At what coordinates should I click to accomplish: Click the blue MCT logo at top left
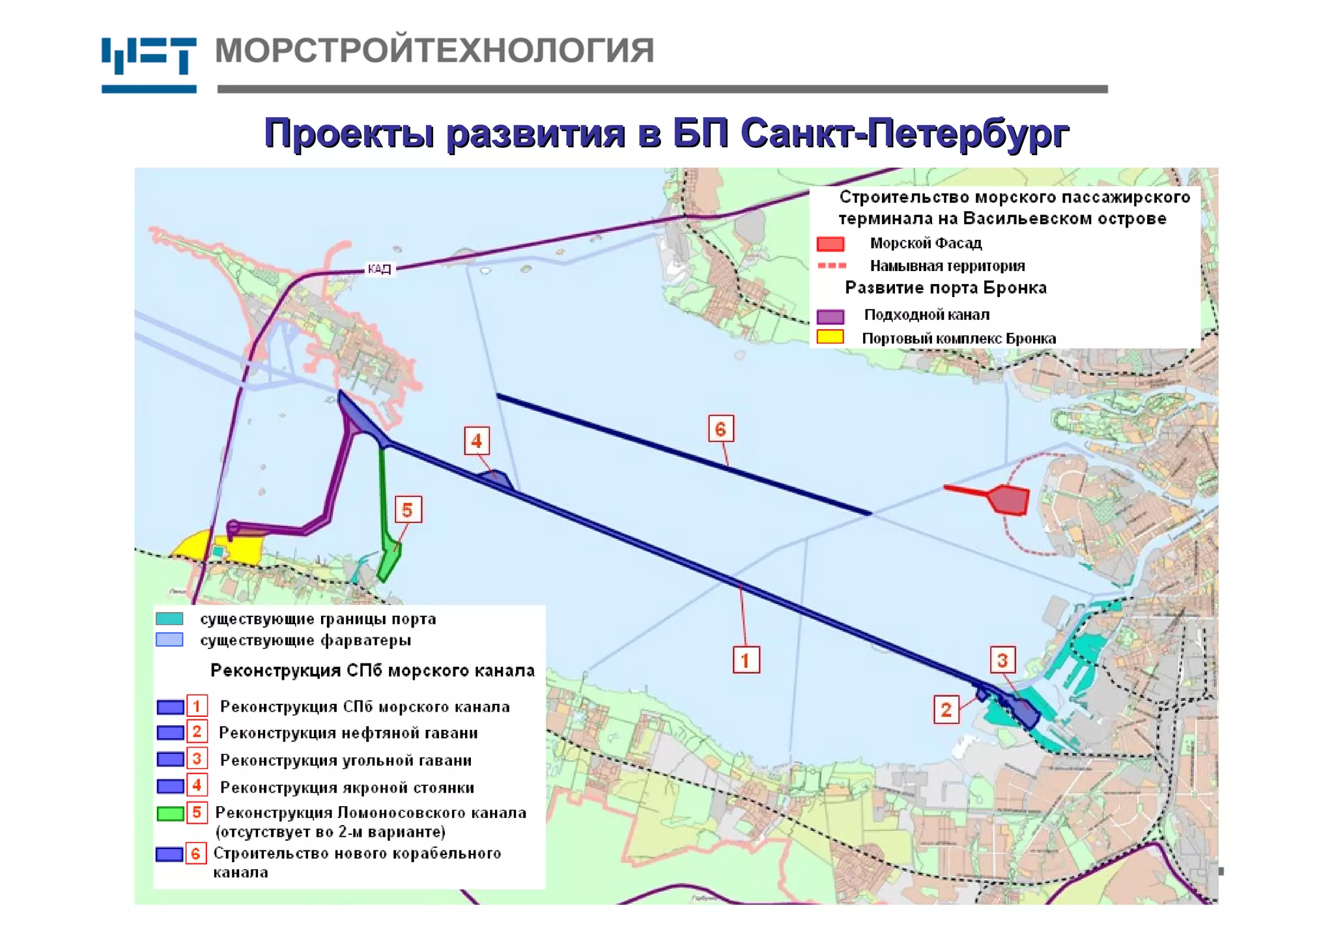pyautogui.click(x=149, y=64)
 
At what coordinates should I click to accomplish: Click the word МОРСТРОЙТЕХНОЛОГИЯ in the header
pyautogui.click(x=434, y=51)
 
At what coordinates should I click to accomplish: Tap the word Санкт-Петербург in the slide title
pyautogui.click(x=905, y=134)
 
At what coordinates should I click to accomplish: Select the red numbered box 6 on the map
pyautogui.click(x=720, y=429)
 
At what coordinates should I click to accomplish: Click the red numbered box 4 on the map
pyautogui.click(x=477, y=441)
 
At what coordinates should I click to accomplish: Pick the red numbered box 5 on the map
pyautogui.click(x=407, y=510)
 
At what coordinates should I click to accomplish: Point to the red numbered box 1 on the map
pyautogui.click(x=746, y=660)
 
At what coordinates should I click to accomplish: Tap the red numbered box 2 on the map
pyautogui.click(x=946, y=709)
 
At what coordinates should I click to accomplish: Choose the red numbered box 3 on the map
pyautogui.click(x=1002, y=660)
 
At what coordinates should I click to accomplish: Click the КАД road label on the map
pyautogui.click(x=379, y=268)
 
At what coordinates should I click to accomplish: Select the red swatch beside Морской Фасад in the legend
pyautogui.click(x=830, y=244)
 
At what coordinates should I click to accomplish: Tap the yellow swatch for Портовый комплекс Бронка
pyautogui.click(x=830, y=337)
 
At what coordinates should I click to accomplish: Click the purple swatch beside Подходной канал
pyautogui.click(x=830, y=316)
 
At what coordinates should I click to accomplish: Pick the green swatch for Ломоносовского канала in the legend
pyautogui.click(x=170, y=813)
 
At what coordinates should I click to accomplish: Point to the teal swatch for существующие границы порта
pyautogui.click(x=169, y=618)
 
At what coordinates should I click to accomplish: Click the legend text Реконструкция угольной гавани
pyautogui.click(x=345, y=761)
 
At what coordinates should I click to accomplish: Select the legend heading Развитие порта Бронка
pyautogui.click(x=945, y=288)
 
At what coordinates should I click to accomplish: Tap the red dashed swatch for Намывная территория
pyautogui.click(x=831, y=266)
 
